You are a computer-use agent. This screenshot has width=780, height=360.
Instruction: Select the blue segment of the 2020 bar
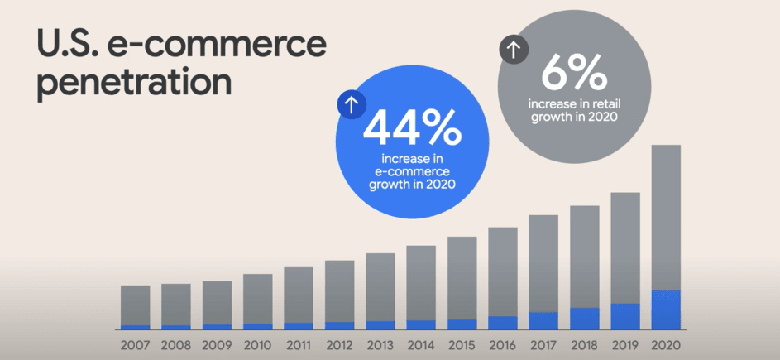pos(666,310)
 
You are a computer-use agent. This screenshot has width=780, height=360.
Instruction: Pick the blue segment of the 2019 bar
pos(625,316)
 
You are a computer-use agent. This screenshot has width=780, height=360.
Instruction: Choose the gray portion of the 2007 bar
pos(135,305)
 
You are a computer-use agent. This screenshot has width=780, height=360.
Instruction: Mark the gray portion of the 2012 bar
pos(339,290)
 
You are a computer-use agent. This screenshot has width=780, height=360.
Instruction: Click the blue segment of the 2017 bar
pos(543,320)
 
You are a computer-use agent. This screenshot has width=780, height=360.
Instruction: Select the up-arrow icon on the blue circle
pos(351,105)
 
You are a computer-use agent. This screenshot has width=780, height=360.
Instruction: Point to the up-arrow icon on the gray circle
pos(514,50)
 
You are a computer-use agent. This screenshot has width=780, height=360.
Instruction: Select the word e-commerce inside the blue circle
pos(411,171)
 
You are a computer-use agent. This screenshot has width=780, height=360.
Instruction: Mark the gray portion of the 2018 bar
pos(584,257)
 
